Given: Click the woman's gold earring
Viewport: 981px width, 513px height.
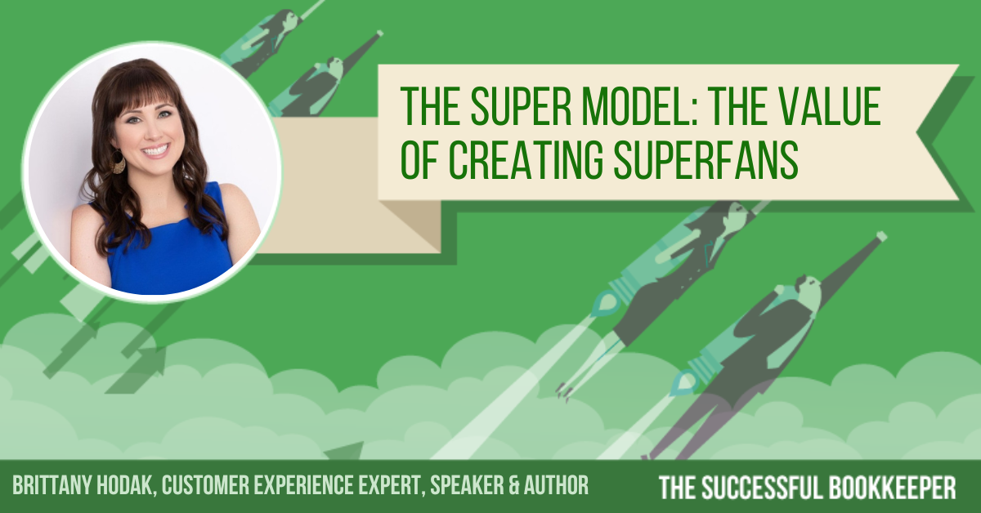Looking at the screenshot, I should coord(119,163).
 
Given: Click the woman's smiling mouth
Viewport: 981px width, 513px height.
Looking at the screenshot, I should coord(155,151).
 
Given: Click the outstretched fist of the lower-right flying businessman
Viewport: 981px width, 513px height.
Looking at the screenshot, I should coord(880,237).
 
